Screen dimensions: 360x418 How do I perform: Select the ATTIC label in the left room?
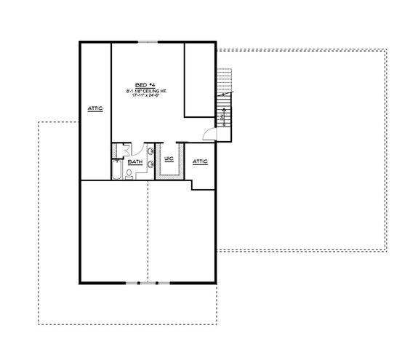click(95, 108)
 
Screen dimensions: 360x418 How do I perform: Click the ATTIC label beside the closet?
click(201, 161)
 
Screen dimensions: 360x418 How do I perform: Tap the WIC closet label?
click(168, 157)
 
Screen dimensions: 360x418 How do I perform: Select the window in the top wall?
click(147, 41)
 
